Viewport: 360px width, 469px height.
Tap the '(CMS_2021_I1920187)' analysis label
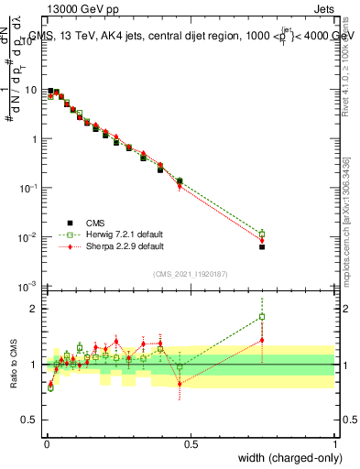tap(191, 273)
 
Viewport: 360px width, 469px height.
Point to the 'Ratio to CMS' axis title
tap(14, 365)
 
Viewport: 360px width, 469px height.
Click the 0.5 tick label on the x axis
tap(191, 444)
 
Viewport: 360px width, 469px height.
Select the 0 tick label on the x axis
tap(46, 444)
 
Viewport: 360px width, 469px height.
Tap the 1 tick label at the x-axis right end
tap(335, 444)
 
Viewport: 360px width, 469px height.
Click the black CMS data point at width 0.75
tap(262, 246)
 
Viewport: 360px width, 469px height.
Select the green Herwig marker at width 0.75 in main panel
tap(262, 234)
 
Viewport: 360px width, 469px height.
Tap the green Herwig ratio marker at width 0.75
tap(262, 317)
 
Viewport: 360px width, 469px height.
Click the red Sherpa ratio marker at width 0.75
tap(262, 340)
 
